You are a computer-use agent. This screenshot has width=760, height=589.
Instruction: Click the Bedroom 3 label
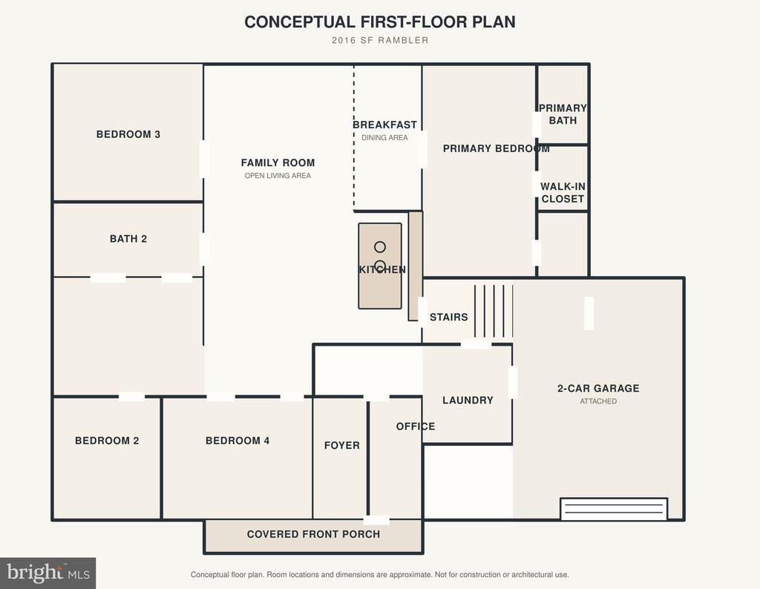128,134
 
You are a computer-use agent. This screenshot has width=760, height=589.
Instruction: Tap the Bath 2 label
128,239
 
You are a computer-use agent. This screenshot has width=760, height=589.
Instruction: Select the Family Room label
278,162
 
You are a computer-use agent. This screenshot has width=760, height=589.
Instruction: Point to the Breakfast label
385,125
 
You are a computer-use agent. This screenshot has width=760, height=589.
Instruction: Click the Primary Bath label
563,113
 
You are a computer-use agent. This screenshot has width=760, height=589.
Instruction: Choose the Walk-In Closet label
563,192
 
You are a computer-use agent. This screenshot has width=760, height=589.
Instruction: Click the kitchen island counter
380,266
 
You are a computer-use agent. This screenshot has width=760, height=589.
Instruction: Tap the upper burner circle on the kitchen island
380,247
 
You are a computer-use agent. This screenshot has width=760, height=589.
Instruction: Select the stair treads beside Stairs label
494,311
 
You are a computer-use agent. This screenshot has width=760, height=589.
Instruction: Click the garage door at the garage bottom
614,509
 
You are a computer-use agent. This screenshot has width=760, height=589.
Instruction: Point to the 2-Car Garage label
598,388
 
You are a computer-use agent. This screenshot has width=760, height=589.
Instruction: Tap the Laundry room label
468,400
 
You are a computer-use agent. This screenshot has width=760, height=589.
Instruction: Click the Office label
416,427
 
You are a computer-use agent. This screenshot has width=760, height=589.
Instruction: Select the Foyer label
341,445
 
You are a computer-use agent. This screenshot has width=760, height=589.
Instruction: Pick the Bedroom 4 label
237,441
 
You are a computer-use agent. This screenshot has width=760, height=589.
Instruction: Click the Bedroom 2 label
107,441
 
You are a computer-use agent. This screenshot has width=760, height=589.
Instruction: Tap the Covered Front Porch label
313,534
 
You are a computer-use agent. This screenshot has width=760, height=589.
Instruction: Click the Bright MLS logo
48,573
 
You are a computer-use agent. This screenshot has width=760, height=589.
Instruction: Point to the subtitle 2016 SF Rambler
380,40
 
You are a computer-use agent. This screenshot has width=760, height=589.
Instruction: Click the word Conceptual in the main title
300,22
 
